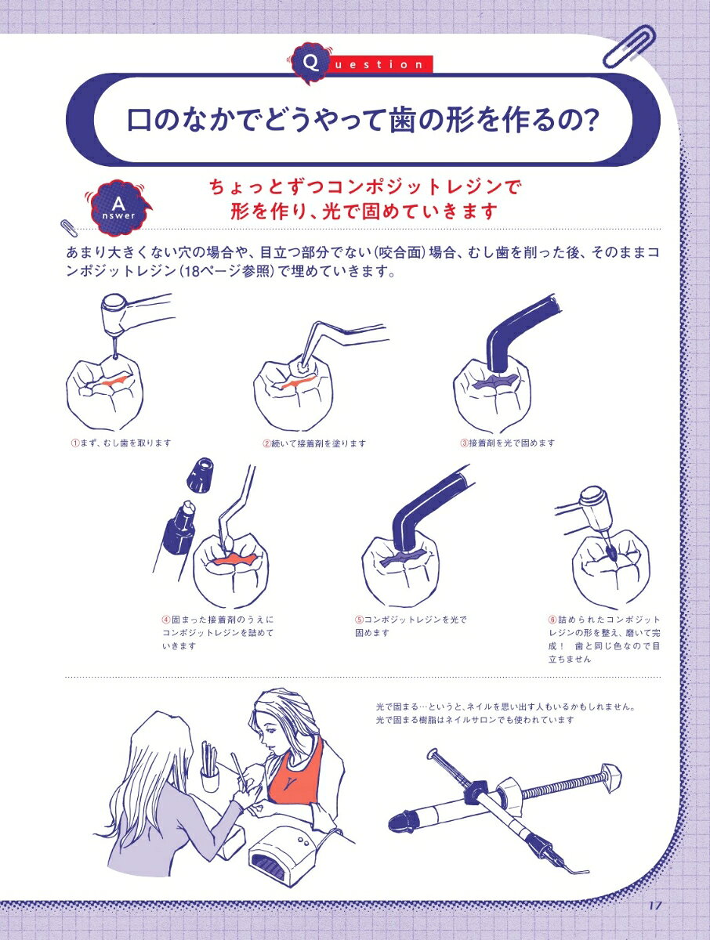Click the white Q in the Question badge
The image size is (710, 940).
pyautogui.click(x=311, y=63)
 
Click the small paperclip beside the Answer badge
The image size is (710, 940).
pyautogui.click(x=69, y=228)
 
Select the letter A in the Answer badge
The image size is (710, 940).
pyautogui.click(x=118, y=204)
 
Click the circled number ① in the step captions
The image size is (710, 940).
pyautogui.click(x=74, y=443)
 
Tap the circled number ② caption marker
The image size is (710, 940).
pyautogui.click(x=266, y=443)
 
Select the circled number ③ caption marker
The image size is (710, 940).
pyautogui.click(x=464, y=443)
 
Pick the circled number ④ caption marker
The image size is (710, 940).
pyautogui.click(x=166, y=620)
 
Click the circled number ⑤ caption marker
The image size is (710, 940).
pyautogui.click(x=359, y=620)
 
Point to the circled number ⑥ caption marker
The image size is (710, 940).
pyautogui.click(x=552, y=620)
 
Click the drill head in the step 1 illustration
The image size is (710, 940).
pyautogui.click(x=114, y=314)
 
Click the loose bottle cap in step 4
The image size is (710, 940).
pyautogui.click(x=201, y=475)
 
